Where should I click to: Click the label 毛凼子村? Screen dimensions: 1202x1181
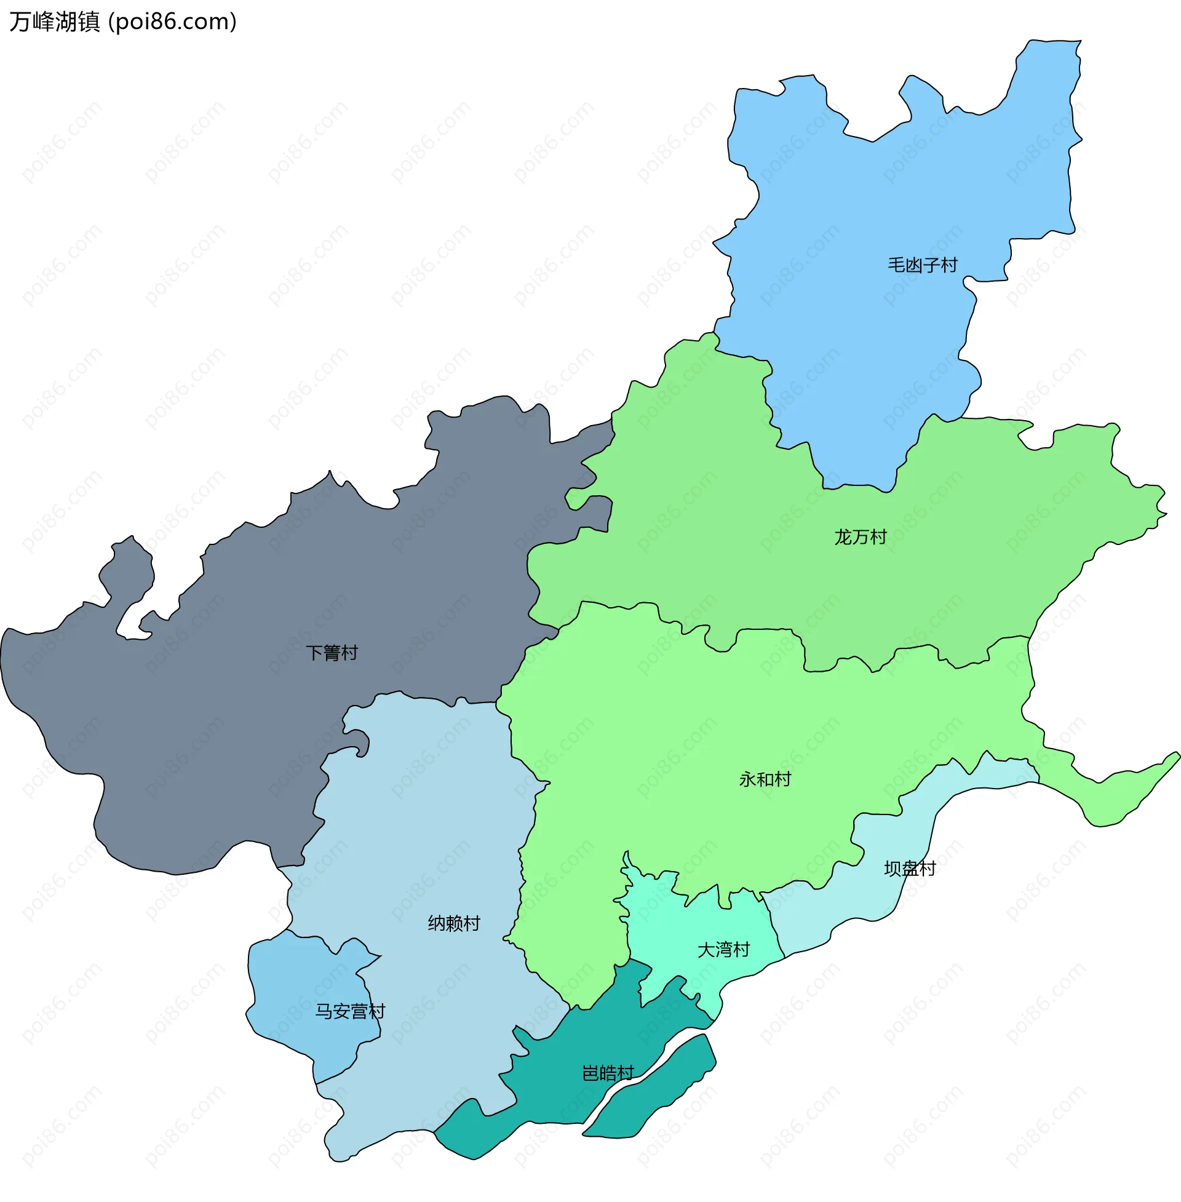(x=922, y=265)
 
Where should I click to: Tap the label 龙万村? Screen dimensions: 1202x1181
(x=861, y=537)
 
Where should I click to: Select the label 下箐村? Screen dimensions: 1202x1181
(x=332, y=653)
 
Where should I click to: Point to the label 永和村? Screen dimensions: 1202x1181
(x=765, y=779)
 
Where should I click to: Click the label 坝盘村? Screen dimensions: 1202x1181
(x=909, y=869)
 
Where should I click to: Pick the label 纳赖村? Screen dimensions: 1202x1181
(x=454, y=923)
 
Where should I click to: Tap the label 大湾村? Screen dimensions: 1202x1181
(x=723, y=950)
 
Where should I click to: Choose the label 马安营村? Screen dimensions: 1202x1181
(x=350, y=1011)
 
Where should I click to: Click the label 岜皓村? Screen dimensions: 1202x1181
(x=608, y=1073)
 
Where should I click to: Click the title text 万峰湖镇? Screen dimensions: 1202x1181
(x=55, y=22)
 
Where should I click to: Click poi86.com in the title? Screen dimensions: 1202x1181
(x=172, y=22)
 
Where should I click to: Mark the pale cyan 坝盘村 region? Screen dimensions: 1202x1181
(x=869, y=893)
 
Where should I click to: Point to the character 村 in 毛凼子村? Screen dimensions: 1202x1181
(x=950, y=265)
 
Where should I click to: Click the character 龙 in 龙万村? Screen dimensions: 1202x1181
(x=842, y=537)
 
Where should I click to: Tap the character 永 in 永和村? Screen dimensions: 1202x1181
(x=747, y=779)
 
